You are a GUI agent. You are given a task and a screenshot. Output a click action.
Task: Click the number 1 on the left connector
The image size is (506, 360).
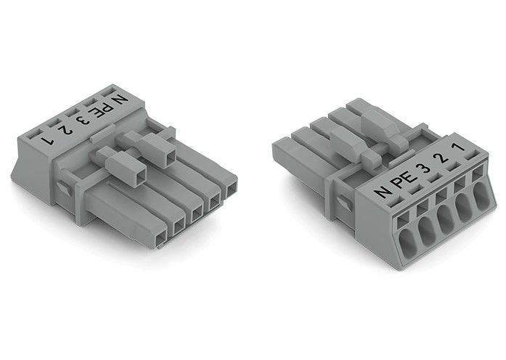click(x=47, y=141)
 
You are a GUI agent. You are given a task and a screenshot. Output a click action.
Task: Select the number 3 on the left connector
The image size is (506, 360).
click(x=83, y=120)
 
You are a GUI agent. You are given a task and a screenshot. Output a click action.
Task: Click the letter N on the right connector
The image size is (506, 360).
click(x=383, y=192)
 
